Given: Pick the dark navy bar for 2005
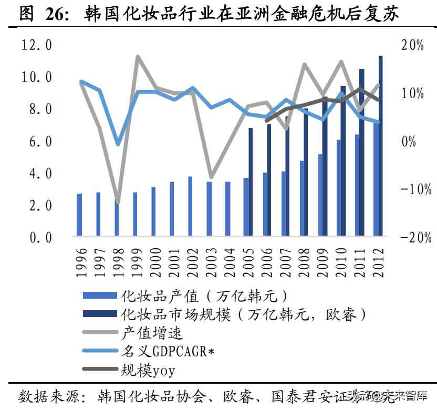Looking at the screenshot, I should click(x=251, y=182).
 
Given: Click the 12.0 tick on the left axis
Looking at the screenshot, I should click(x=37, y=45).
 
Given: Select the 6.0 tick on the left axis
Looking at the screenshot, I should click(x=37, y=142).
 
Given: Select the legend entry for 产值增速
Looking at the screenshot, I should click(x=152, y=333).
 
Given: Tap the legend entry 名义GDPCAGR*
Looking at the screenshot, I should click(x=169, y=351).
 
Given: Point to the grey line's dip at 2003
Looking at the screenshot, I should click(x=211, y=177).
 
